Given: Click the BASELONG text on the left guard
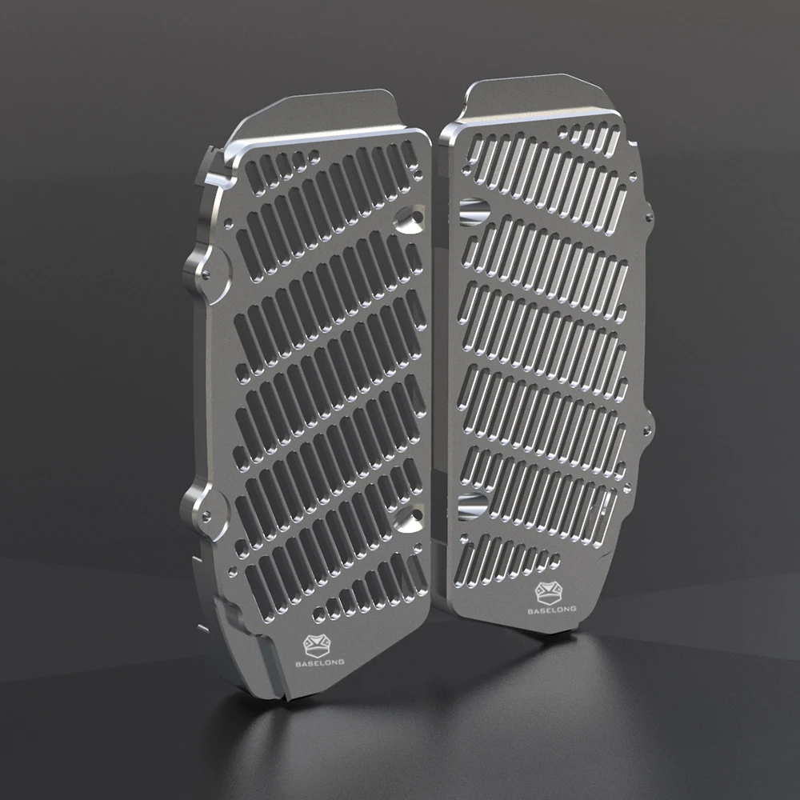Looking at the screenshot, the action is [x=320, y=662].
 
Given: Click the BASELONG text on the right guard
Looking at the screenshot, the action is [x=552, y=609].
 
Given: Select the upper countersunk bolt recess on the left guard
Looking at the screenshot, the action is [x=410, y=218].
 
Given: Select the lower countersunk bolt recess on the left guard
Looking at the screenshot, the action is [x=410, y=518].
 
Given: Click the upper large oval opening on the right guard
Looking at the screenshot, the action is [x=474, y=211].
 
